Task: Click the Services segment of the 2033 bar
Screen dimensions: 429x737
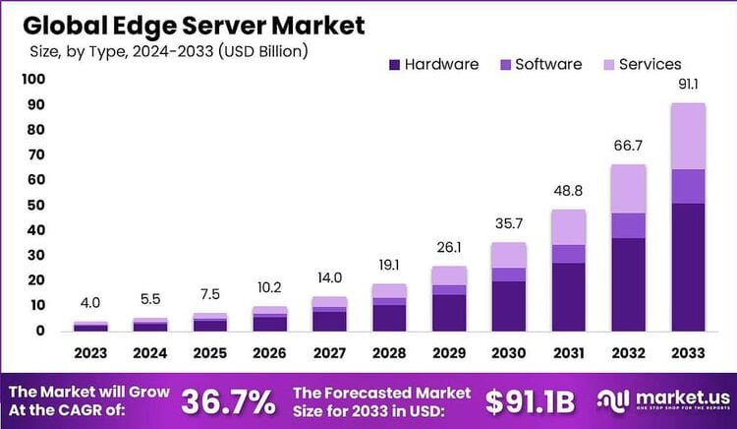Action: (688, 136)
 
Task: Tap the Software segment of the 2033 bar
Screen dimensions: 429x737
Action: (688, 186)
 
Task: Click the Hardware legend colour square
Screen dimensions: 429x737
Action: (395, 65)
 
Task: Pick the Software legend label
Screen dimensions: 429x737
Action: (548, 64)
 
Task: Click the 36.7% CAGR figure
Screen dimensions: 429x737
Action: (228, 401)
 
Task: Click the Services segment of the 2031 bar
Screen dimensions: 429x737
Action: (569, 227)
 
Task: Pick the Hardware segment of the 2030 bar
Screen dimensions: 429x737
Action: (509, 306)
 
